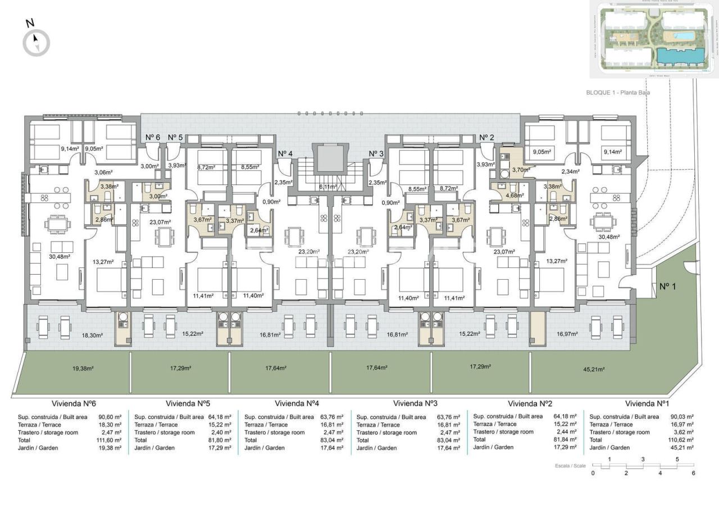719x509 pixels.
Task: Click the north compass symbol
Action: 37,42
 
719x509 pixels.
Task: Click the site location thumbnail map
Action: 653,39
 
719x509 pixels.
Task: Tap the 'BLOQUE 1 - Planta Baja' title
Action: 617,92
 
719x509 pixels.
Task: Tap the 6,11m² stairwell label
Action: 328,187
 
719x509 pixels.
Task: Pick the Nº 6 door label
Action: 153,137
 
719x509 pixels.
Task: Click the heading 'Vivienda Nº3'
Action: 416,403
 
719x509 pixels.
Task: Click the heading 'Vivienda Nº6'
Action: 75,403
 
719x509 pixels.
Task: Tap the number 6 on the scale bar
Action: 694,473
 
